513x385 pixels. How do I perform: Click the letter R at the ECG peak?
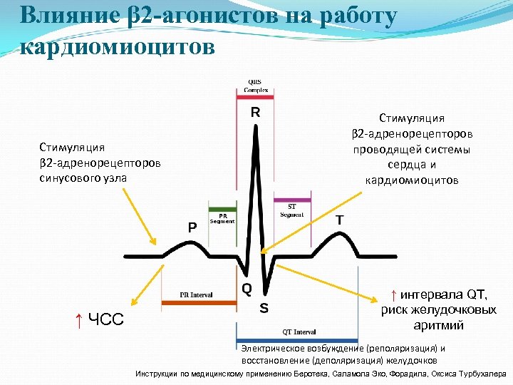coord(254,113)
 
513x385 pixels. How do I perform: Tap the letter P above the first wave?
coord(192,227)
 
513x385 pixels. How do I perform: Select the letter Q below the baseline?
coord(247,289)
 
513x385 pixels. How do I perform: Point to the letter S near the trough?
coord(264,309)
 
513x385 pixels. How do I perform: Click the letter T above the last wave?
coord(340,221)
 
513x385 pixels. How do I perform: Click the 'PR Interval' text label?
coord(196,294)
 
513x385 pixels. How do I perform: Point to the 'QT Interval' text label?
coord(299,332)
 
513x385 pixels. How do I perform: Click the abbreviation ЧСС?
coord(105,319)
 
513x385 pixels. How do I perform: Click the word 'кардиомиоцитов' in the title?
coord(118,46)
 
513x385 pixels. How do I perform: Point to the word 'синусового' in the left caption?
coord(68,178)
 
